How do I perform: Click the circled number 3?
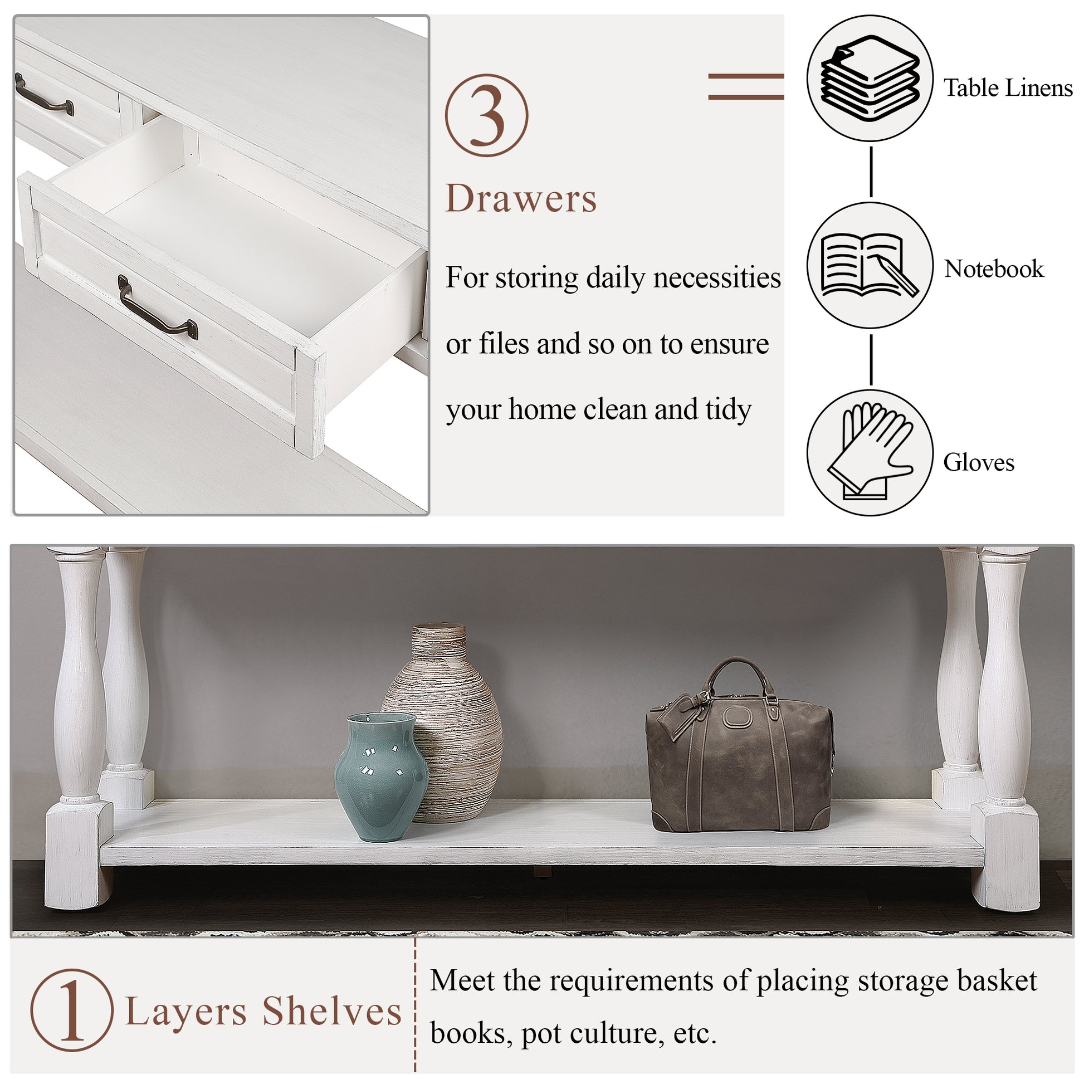point(486,115)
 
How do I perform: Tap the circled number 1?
point(72,1009)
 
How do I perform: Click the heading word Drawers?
point(521,199)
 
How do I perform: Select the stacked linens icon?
point(870,78)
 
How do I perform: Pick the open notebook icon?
point(870,265)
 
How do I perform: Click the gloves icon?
point(870,452)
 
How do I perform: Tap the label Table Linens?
point(1008,88)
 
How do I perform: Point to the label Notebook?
point(993,268)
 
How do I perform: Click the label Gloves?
point(979,462)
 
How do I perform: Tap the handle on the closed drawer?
point(44,95)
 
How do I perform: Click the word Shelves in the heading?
point(332,1011)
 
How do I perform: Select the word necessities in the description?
point(715,278)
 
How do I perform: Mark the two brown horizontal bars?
point(746,87)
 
